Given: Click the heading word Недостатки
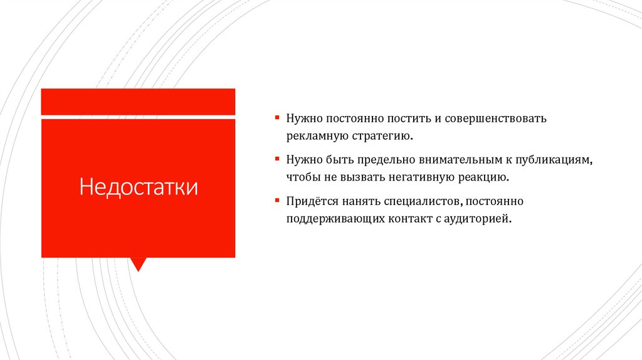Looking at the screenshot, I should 138,187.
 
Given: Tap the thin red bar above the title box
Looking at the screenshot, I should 138,102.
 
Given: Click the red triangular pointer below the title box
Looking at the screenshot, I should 138,263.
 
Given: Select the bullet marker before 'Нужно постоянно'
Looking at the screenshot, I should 276,117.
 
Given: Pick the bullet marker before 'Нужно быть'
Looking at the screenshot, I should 276,159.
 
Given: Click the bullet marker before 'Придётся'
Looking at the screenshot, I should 276,201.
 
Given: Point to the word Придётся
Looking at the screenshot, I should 313,202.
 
